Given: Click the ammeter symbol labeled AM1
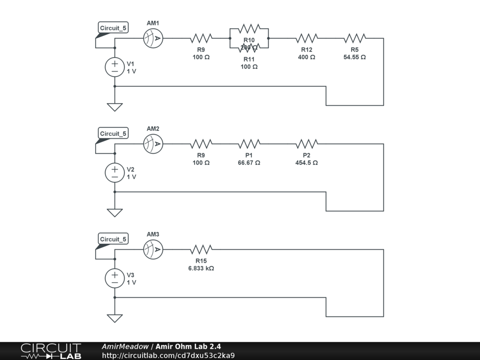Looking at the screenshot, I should tap(153, 38).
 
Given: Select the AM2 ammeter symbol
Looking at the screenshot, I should tap(153, 144).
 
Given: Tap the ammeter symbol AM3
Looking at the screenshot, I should tap(153, 249).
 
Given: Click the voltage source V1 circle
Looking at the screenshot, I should tap(114, 67).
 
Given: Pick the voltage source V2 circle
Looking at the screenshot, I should tap(114, 172).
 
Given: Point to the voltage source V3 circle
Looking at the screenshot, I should tap(114, 278).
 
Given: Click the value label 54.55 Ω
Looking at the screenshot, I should tap(354, 57).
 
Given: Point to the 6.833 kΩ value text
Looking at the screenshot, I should tap(201, 269).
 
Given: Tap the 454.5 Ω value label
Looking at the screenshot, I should tap(307, 163).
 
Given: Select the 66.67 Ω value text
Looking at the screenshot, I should tap(249, 163).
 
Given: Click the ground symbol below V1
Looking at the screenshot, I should tap(114, 107).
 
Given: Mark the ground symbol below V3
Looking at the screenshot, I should tap(114, 318).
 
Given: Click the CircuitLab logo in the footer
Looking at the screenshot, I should tap(51, 351).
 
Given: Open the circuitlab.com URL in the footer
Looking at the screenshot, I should tap(168, 355).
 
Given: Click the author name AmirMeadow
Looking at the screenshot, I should tap(125, 346).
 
